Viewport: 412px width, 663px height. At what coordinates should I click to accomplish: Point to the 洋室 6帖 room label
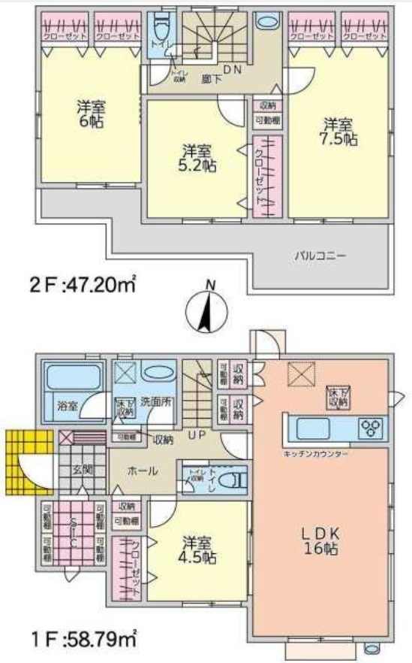(x=89, y=111)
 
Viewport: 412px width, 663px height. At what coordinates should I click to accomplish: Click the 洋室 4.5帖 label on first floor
(x=199, y=550)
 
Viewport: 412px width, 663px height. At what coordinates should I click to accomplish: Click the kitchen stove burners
(x=372, y=429)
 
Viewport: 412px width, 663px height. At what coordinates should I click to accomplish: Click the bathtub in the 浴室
(x=73, y=377)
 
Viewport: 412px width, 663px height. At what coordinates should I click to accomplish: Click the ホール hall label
(x=143, y=471)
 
